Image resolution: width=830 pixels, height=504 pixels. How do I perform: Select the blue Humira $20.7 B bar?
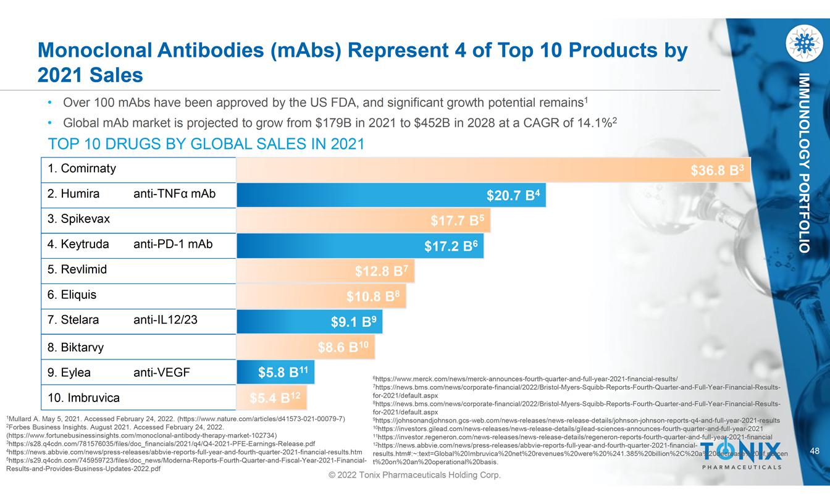(391, 195)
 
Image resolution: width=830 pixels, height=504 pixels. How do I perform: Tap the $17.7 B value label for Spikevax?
(457, 220)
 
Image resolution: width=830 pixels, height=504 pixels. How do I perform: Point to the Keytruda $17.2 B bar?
(360, 246)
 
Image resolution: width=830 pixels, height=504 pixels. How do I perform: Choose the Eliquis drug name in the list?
(72, 295)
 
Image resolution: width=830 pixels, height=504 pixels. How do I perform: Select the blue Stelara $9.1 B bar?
(309, 321)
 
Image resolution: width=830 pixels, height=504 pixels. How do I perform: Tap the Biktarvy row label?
(75, 347)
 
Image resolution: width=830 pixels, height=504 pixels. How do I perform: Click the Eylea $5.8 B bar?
(276, 372)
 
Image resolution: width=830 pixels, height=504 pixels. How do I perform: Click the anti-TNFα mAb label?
(175, 194)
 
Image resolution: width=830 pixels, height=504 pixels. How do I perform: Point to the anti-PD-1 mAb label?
(173, 245)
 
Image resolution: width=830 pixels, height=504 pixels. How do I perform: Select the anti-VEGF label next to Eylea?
(162, 372)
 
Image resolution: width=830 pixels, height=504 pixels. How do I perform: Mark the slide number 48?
(815, 452)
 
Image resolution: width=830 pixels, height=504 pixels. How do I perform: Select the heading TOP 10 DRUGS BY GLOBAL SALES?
(206, 144)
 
